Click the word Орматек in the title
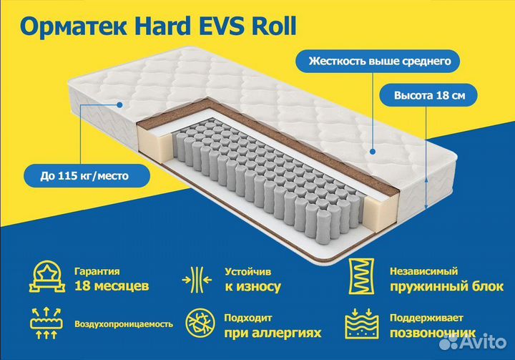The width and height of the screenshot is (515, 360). (73, 26)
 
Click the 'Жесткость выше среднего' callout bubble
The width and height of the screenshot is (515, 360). (378, 61)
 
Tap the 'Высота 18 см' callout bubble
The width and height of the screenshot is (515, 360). (428, 95)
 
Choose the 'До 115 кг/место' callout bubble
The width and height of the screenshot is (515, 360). (87, 175)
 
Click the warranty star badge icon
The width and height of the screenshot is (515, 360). (47, 277)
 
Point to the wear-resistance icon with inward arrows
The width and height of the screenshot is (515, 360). (197, 280)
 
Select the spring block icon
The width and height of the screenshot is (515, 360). (361, 276)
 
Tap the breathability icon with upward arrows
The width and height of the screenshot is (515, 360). (46, 323)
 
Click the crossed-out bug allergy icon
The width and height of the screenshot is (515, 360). (200, 323)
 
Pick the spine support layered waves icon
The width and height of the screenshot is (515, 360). (362, 323)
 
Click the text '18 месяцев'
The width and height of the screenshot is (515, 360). (112, 286)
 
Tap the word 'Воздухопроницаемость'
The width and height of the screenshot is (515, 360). (124, 324)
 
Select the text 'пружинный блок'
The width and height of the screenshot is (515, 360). (446, 286)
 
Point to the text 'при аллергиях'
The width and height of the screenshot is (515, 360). (273, 333)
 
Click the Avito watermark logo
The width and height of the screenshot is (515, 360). (473, 342)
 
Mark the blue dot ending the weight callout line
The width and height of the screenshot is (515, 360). (120, 105)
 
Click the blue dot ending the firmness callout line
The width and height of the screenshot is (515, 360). (373, 152)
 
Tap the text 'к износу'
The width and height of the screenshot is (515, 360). (253, 287)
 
